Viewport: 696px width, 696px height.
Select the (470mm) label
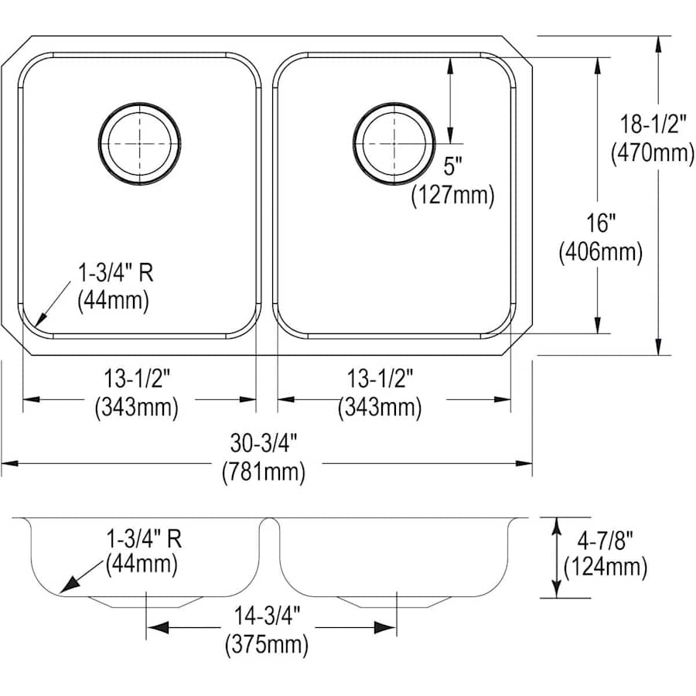point(653,153)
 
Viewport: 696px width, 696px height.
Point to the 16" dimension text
point(600,223)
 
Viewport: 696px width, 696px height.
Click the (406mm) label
point(601,252)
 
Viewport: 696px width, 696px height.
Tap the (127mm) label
point(452,196)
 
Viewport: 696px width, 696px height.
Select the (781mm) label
point(264,472)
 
